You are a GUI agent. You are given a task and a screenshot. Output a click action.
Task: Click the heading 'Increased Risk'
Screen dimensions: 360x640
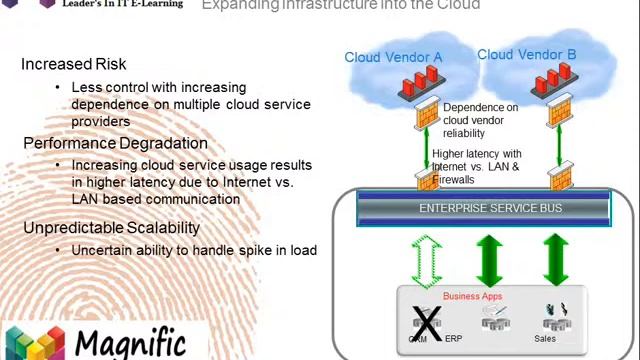coord(73,64)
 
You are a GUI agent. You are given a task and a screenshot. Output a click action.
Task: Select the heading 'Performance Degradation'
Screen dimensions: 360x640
coord(115,143)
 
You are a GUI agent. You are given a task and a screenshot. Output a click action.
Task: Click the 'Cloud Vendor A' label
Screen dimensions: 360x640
coord(393,57)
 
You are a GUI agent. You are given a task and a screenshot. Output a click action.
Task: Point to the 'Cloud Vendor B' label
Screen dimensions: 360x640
coord(526,55)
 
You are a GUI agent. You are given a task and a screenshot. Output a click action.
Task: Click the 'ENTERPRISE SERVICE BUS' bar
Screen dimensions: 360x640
coord(489,208)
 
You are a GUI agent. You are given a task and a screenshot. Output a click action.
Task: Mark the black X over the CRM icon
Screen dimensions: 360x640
coord(427,322)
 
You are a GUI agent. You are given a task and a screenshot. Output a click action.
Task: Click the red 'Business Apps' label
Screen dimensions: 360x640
coord(472,296)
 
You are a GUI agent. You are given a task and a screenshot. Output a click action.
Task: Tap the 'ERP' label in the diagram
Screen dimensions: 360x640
coord(453,339)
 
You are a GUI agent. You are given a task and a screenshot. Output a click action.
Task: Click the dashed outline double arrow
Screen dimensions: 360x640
coord(427,261)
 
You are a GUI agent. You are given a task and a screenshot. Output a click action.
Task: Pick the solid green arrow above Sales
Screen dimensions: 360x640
coord(555,260)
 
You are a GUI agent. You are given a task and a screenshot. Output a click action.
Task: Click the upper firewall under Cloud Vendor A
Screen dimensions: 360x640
coord(427,113)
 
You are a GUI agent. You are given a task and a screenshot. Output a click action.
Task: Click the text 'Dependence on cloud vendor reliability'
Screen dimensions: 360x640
coord(480,120)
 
